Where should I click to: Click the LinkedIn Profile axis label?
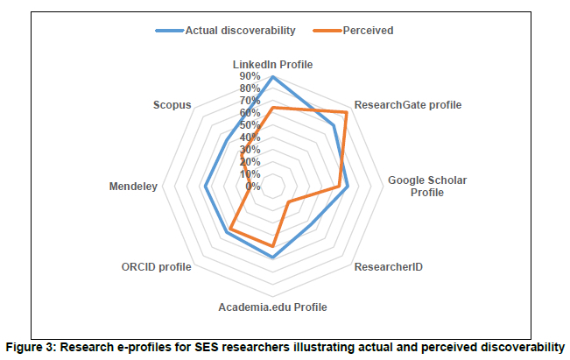coord(272,65)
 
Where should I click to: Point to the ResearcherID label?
coord(388,265)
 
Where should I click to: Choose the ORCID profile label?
coord(156,265)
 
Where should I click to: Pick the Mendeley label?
coord(133,187)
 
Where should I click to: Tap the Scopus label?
coord(171,105)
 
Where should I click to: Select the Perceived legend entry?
coord(368,30)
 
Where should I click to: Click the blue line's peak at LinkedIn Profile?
coord(272,77)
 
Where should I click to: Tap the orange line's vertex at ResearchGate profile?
coord(347,112)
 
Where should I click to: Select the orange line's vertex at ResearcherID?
coord(288,204)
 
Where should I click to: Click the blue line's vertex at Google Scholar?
coord(348,186)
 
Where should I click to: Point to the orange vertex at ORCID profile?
coord(229,231)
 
